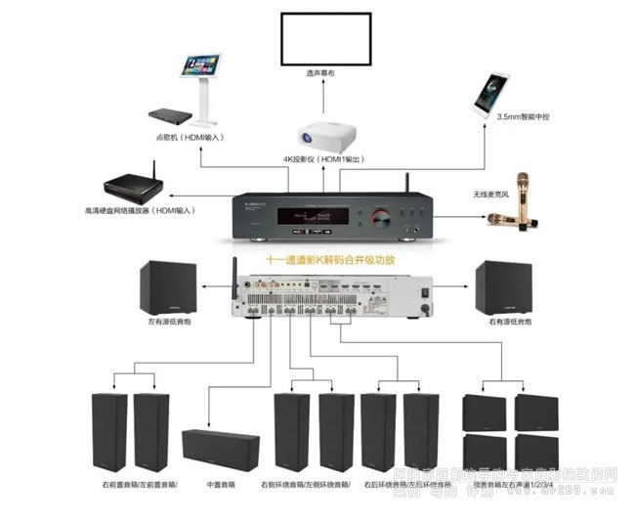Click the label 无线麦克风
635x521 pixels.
tap(493, 195)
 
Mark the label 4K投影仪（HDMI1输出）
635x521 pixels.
tap(325, 160)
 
